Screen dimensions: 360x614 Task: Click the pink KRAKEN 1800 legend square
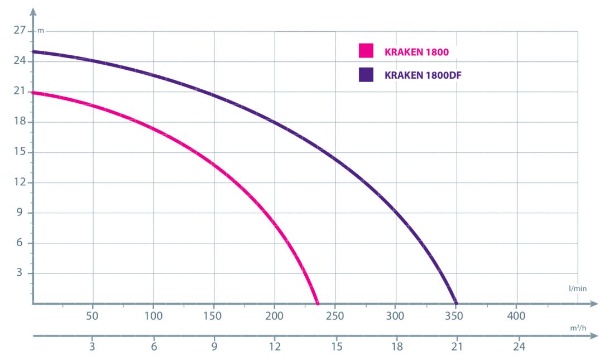(366, 51)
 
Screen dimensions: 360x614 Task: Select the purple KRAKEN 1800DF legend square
(366, 75)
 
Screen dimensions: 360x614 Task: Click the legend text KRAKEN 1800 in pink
(416, 52)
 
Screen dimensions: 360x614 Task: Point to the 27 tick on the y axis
(19, 31)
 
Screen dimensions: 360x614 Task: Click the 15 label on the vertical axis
(19, 152)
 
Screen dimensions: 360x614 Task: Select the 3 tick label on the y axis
(22, 273)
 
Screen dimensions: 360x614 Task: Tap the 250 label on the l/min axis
(334, 316)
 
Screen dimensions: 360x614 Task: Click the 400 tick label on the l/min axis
(516, 316)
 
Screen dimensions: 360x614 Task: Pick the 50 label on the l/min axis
(93, 316)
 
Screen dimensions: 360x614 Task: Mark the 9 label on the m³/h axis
(214, 347)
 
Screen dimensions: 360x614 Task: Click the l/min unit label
(578, 289)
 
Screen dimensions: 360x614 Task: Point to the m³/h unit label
(578, 328)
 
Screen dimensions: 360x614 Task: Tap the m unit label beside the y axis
(40, 31)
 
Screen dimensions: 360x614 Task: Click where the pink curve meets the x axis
(318, 303)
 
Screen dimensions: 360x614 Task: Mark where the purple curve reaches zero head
(456, 303)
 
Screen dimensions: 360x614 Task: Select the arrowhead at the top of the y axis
(33, 11)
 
